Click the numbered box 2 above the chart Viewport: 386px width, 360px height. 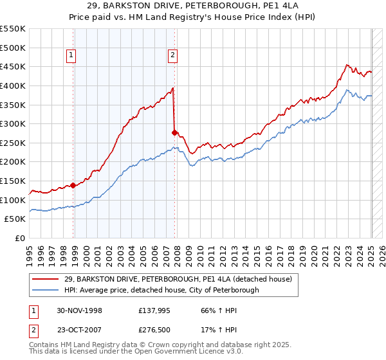pyautogui.click(x=173, y=56)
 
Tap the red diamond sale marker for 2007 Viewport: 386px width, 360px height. pyautogui.click(x=175, y=132)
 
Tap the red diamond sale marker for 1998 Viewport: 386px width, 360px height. pyautogui.click(x=73, y=185)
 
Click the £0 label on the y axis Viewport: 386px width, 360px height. pyautogui.click(x=19, y=238)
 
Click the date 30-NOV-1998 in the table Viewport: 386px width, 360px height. pyautogui.click(x=79, y=309)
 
